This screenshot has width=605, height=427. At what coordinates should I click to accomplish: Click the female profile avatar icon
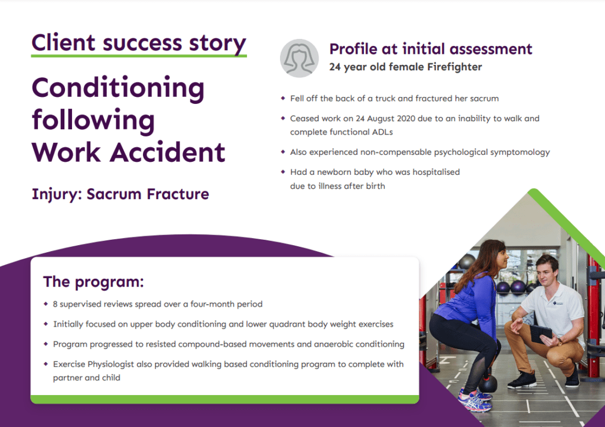(x=298, y=57)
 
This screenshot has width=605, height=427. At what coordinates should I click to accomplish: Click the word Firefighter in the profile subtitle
(x=453, y=67)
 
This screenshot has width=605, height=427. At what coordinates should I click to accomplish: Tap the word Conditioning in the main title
(x=118, y=88)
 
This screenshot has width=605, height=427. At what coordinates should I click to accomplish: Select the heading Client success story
(x=139, y=43)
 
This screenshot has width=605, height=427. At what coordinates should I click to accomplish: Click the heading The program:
(x=93, y=281)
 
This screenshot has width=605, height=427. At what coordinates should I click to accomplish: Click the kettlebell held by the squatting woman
(x=487, y=383)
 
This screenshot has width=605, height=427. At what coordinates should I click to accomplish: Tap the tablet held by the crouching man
(x=541, y=334)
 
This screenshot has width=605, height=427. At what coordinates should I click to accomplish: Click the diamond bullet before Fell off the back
(x=283, y=98)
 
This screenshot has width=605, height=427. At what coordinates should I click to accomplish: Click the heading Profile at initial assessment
(x=431, y=49)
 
